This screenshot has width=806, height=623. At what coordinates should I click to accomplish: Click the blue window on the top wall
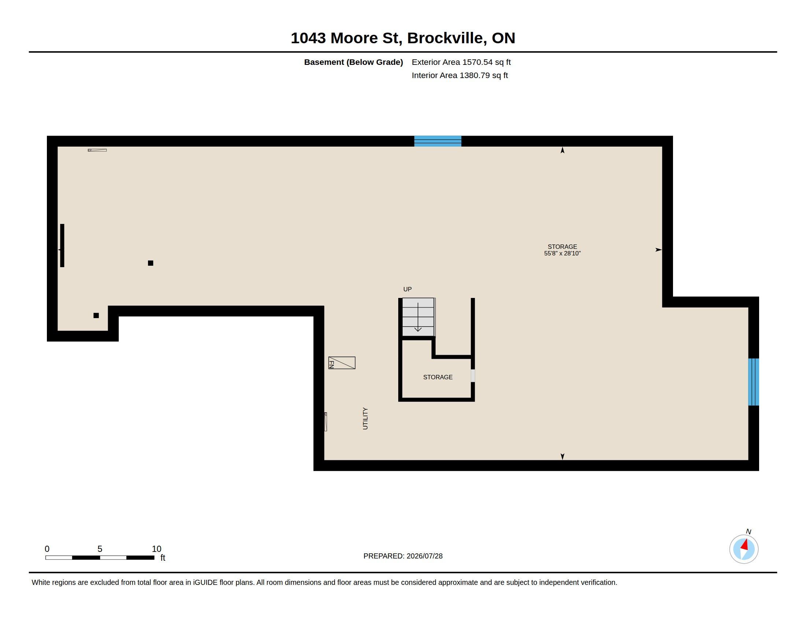(437, 141)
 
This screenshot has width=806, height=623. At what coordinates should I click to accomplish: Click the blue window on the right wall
(754, 382)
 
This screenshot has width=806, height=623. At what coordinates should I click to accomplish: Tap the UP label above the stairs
(407, 290)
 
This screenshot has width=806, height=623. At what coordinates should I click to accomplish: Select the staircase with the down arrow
(418, 317)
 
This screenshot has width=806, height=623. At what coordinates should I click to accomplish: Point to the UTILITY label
(365, 419)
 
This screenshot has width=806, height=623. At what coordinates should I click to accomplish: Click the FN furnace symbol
(342, 363)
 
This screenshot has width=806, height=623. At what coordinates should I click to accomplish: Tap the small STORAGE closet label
(438, 377)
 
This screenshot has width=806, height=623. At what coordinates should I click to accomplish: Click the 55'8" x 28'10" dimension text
(562, 254)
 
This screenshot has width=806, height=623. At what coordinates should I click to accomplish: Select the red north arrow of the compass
(744, 545)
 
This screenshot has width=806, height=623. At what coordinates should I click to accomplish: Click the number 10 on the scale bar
(156, 549)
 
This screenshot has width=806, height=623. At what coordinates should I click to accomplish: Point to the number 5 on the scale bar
(100, 549)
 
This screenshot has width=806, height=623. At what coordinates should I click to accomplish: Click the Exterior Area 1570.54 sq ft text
(461, 62)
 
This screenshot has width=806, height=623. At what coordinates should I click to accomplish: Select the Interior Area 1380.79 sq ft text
(460, 75)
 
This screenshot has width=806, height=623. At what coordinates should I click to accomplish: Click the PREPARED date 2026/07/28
(425, 556)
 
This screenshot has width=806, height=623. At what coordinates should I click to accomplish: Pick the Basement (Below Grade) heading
(354, 62)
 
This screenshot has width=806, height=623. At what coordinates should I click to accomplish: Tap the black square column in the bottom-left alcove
(96, 316)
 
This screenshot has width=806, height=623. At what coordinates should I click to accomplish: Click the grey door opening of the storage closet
(473, 376)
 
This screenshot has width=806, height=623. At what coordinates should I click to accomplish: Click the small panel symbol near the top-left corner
(97, 150)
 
